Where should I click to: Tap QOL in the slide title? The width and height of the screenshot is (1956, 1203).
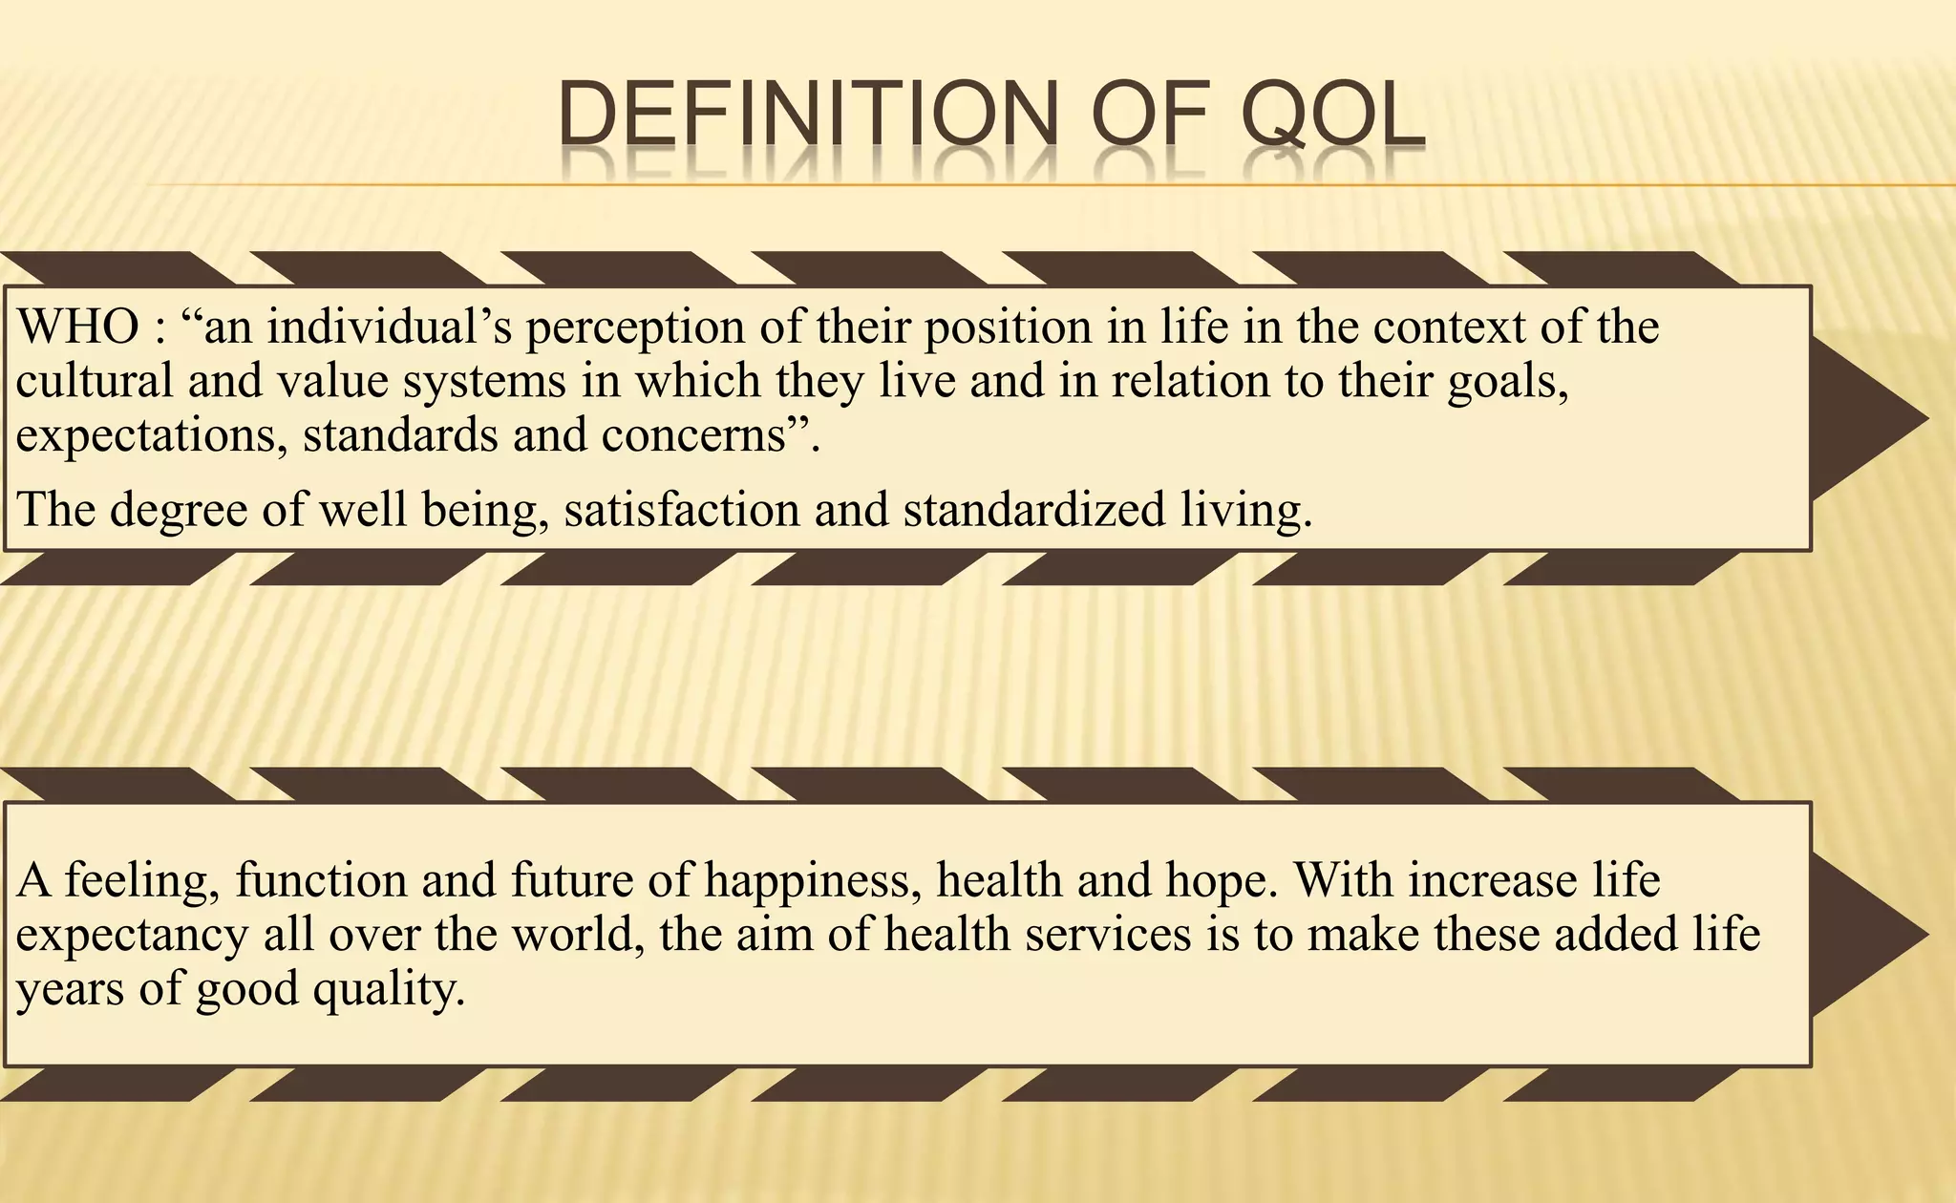(1332, 116)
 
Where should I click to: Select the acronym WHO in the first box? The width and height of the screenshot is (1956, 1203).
(78, 327)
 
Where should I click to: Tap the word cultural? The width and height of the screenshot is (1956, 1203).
(94, 381)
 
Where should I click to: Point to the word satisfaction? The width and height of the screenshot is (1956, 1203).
(681, 510)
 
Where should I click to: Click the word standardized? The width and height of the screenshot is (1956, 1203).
(1034, 510)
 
